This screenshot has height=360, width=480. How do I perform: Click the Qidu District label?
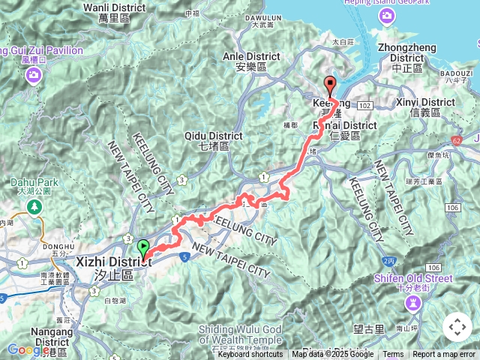214,136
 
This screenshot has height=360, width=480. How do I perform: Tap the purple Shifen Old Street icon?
413,302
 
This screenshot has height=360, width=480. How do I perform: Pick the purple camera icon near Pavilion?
34,74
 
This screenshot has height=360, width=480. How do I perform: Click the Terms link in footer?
393,355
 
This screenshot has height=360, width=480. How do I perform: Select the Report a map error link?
444,355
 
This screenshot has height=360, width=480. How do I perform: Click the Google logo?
28,349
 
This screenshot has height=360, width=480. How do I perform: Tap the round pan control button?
457,327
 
